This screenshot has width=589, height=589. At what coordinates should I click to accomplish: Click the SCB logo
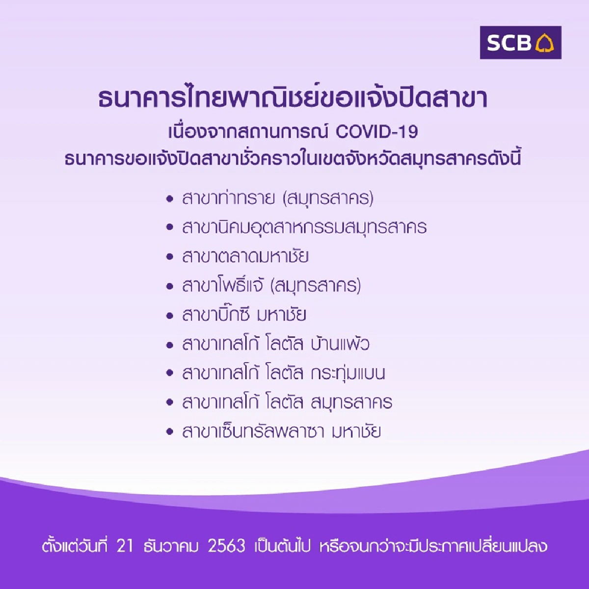point(520,43)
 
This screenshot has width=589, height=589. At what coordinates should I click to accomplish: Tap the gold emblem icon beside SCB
point(544,43)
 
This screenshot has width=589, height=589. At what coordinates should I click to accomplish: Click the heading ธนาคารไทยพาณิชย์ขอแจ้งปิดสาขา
point(293,98)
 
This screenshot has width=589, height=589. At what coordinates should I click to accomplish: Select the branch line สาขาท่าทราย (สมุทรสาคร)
point(278,199)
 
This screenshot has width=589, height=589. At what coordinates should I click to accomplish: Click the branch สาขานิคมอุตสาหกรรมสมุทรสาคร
point(304,228)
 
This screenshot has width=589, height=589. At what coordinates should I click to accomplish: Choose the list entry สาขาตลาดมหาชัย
point(245,257)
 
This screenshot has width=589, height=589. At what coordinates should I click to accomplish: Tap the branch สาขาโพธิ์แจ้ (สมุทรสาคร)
point(271,286)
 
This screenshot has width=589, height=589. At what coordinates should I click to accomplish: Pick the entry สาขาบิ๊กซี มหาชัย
point(244,315)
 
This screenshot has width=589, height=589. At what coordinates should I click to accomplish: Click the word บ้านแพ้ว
point(340,344)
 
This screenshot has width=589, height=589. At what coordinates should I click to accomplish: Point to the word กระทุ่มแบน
point(348,374)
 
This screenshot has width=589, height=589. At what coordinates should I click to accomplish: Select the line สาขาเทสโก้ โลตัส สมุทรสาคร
point(287,402)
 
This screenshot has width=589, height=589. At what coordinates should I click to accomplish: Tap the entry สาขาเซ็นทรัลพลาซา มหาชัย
point(281,432)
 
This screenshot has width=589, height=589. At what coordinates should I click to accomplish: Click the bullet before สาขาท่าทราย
point(170,200)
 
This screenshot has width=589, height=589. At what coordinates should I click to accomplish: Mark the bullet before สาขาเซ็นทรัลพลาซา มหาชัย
point(170,432)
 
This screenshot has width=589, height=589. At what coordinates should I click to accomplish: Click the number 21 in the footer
point(125,546)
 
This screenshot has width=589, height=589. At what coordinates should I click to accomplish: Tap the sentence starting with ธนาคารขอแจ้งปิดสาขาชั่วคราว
point(293,160)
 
